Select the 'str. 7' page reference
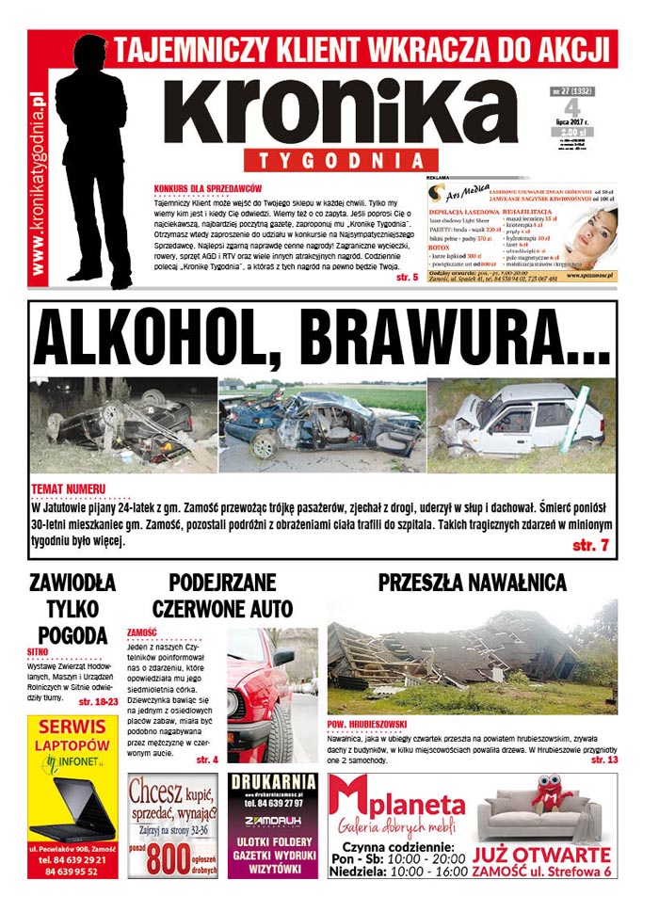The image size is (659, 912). pos(590,545)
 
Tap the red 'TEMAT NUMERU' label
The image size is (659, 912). pos(68,490)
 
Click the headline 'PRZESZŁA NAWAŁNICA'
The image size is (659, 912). pos(473,582)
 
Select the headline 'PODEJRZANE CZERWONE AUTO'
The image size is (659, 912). pos(222,595)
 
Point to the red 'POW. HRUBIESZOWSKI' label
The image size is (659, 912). pos(368,724)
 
